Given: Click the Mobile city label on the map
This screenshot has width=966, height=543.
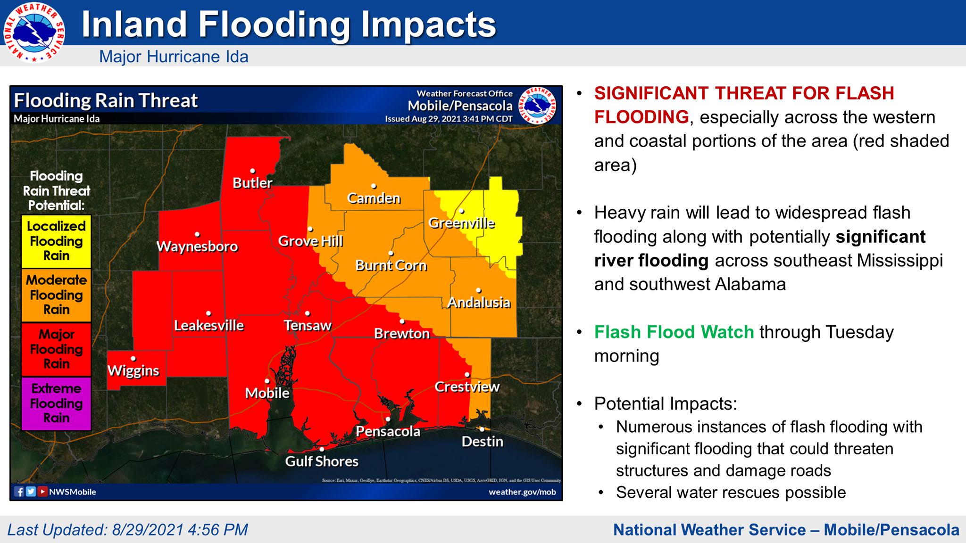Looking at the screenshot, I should pos(267,393).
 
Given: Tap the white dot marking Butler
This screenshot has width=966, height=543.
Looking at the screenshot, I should pos(253,171).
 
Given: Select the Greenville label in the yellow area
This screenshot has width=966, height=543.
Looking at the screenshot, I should pos(461,223).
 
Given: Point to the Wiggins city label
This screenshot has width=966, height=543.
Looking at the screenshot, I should pos(133,371).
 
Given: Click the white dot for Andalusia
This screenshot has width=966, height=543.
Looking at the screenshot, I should pos(478,290).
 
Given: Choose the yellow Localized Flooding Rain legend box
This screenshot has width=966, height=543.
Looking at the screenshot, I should pos(57,241).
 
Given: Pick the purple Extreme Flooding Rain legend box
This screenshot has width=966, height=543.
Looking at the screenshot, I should pos(57,403).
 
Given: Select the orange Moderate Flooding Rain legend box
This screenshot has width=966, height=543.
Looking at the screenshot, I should pos(57,295).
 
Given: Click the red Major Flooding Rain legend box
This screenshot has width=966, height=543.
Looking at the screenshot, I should pos(57,349).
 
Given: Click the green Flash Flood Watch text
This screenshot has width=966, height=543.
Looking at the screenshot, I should pos(674,332).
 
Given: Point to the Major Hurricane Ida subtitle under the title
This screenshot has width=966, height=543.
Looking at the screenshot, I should pos(174,57).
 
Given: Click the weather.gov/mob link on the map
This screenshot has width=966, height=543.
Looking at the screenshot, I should pos(522,492).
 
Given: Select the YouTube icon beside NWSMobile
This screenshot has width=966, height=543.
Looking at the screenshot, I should pos(42,492).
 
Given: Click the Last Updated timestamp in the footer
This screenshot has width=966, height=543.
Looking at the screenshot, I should pos(127,530).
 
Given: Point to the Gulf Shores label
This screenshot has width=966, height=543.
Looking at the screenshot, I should pos(322,461).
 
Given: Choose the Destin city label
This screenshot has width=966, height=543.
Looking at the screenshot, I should pos(482,442).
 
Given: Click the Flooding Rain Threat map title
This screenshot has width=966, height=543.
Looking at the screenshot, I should pos(106,101).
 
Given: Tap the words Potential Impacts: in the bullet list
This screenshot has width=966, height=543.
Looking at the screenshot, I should pos(665,404).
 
